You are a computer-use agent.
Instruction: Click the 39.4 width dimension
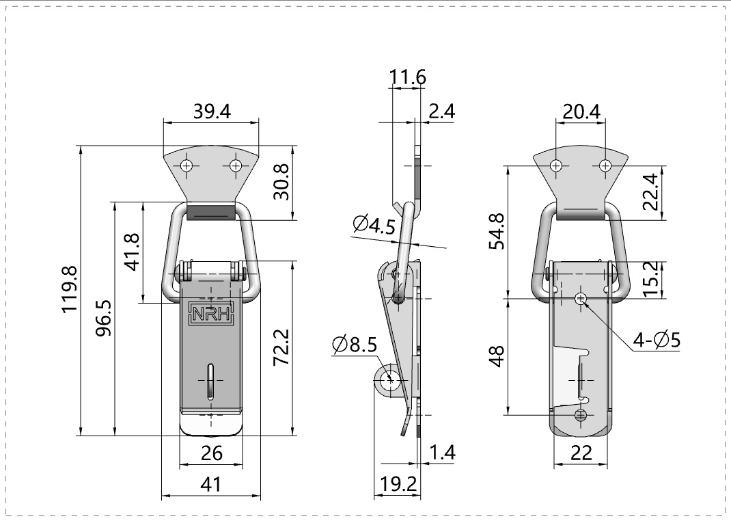211,111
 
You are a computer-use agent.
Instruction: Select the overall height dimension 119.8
70,290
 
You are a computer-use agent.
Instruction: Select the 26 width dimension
211,453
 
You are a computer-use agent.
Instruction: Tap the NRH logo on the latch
211,314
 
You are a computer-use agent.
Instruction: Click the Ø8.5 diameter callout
355,346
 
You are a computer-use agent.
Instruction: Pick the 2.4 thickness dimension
441,111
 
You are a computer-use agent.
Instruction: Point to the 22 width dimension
581,453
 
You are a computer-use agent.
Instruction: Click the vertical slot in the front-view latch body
211,379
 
